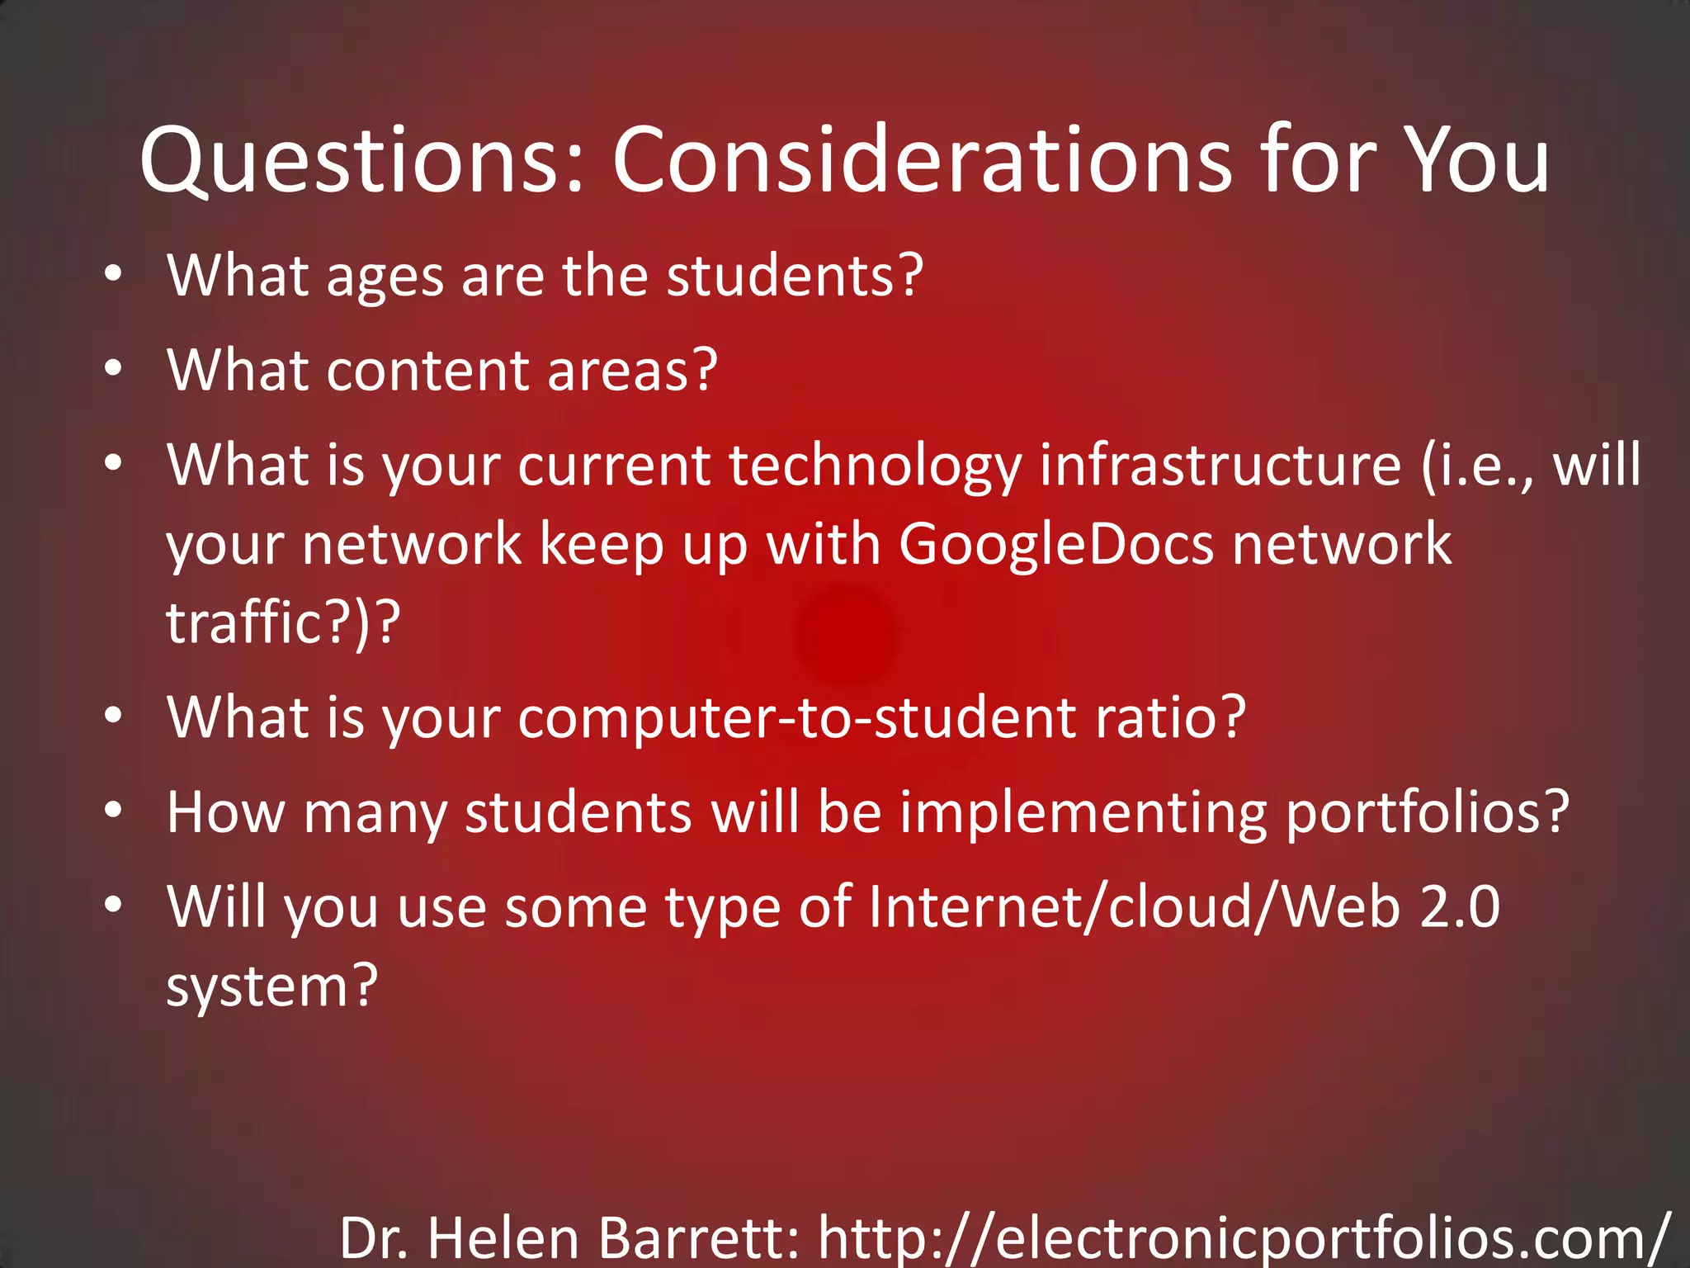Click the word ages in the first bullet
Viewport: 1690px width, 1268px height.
tap(385, 277)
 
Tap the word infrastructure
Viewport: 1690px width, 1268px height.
tap(1220, 466)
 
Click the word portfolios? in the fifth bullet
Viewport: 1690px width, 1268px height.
tap(1428, 814)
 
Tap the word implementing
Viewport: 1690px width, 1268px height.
tap(1083, 814)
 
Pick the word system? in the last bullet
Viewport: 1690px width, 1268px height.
tap(272, 987)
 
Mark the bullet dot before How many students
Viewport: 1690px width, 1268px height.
tap(114, 811)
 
